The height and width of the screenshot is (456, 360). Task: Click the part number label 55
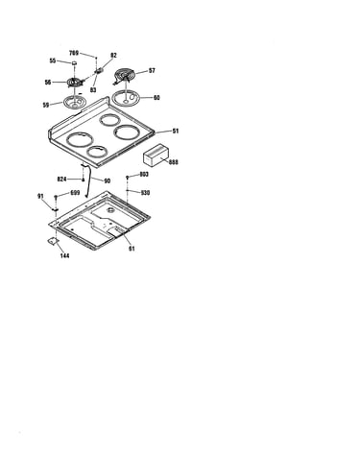[53, 60]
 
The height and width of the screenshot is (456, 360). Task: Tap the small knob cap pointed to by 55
[74, 63]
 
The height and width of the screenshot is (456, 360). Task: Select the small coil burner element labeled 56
[75, 83]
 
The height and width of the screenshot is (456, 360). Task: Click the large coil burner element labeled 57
[125, 76]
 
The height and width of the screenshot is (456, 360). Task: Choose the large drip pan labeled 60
[126, 98]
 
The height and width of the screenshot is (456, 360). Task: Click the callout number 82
[113, 56]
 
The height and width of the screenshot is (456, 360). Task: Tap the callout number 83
[93, 90]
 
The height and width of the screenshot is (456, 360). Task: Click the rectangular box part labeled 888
[156, 156]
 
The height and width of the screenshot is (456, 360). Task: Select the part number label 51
[176, 131]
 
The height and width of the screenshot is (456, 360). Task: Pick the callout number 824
[62, 180]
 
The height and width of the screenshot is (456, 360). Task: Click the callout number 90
[108, 181]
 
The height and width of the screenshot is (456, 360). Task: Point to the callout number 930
[145, 193]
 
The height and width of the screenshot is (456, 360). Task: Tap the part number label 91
[40, 196]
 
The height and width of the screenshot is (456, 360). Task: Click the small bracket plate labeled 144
[52, 241]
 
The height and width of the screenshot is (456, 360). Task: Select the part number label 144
[64, 255]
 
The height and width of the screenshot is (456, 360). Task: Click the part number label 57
[152, 70]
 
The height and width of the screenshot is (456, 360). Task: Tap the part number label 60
[156, 97]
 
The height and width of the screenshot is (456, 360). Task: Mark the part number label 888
[174, 162]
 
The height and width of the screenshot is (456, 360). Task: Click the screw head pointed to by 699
[56, 196]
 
